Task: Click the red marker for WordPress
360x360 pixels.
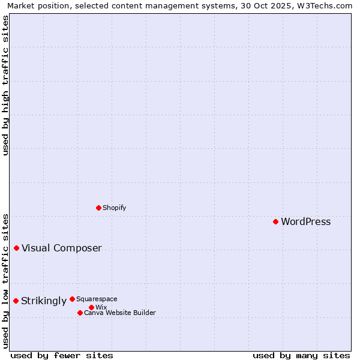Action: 275,222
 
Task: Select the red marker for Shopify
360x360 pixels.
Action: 98,208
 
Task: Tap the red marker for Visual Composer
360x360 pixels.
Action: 16,248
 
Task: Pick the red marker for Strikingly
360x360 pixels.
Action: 16,301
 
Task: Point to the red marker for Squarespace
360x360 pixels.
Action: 72,299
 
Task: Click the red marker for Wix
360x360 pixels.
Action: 91,307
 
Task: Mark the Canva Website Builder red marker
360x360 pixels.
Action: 80,313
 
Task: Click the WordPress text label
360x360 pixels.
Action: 305,222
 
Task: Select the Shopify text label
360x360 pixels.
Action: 114,208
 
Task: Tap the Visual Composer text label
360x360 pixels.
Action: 61,248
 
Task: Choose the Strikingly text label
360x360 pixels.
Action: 43,301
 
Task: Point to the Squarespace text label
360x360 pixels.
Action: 97,299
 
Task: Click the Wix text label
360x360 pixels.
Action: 101,307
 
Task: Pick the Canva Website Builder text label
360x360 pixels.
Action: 119,313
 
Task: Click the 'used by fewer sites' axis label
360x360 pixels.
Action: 62,355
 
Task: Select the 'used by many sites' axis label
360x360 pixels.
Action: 301,355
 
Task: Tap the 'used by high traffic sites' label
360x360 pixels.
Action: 5,85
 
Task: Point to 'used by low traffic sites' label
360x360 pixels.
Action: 5,281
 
